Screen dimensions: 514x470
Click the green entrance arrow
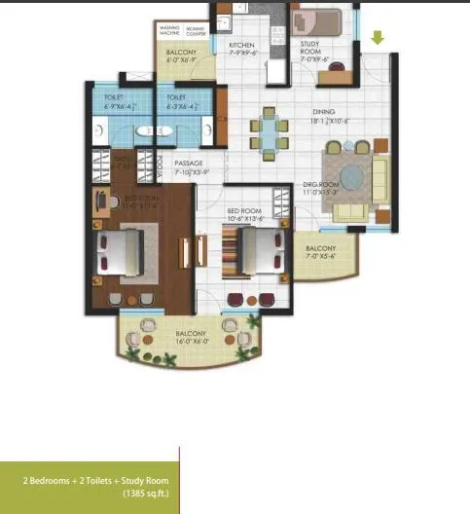(x=378, y=39)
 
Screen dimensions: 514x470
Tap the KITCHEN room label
(x=241, y=46)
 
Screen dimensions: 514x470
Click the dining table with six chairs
(x=269, y=133)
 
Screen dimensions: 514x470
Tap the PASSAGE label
(x=188, y=164)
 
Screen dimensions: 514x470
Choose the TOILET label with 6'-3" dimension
(x=176, y=98)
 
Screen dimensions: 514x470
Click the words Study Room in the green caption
(x=142, y=481)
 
